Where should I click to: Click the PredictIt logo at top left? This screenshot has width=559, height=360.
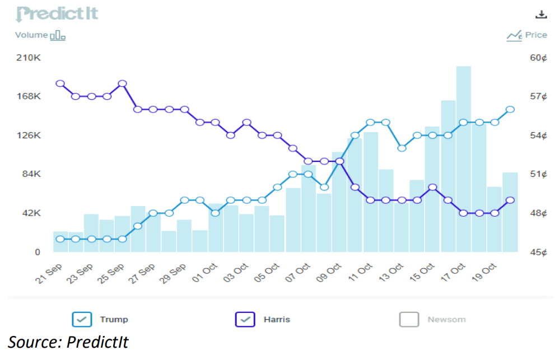click(57, 13)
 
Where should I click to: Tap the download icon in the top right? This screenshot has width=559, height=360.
click(541, 15)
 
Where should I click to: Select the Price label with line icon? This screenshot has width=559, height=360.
click(527, 35)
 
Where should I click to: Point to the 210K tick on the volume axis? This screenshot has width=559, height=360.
click(29, 58)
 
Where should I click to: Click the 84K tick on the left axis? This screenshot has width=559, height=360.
click(31, 174)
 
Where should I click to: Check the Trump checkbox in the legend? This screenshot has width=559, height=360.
click(82, 320)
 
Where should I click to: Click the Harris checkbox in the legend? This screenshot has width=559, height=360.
click(245, 320)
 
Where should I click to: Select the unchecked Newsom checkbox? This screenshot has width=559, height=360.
click(409, 320)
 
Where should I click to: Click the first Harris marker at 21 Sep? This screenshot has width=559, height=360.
click(60, 83)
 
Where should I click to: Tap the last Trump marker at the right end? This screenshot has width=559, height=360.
click(510, 109)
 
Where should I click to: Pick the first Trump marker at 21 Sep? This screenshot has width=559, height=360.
click(60, 239)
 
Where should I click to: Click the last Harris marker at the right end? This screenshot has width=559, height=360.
click(510, 200)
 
